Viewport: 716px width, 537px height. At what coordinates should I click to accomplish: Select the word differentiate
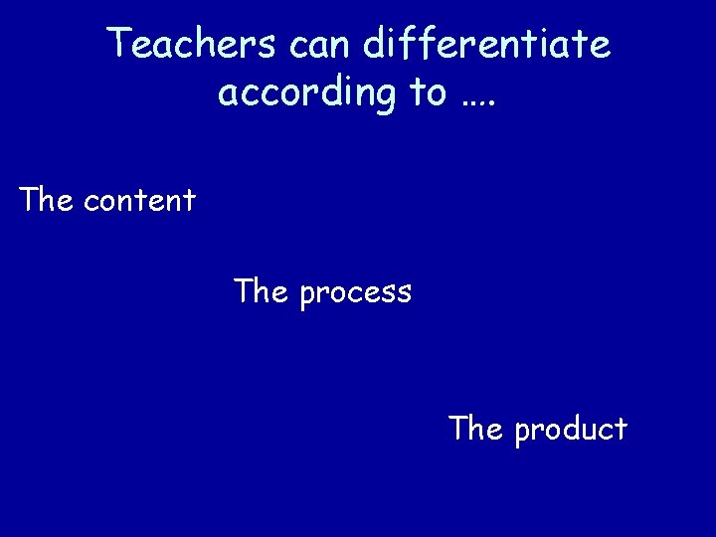coord(487,45)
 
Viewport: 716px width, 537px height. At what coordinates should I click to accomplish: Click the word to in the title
coord(428,92)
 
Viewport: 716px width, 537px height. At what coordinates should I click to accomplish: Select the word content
coord(140,202)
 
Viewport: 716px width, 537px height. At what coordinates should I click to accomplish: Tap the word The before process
coord(262,291)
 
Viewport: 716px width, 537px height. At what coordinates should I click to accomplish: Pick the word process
coord(355,294)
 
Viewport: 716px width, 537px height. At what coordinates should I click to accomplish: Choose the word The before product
coord(477,429)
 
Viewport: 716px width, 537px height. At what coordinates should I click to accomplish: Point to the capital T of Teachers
coord(120,43)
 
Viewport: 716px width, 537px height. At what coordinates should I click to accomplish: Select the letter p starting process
coord(307,296)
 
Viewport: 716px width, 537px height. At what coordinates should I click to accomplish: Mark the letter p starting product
coord(523,433)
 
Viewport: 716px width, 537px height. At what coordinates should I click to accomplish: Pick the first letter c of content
coord(92,203)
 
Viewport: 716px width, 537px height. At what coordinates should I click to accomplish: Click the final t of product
coord(622,429)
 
